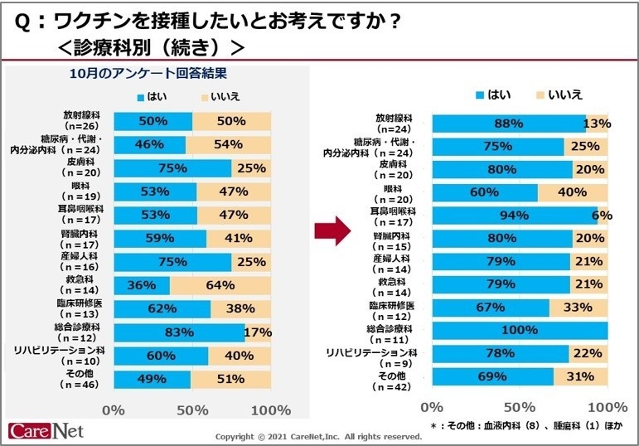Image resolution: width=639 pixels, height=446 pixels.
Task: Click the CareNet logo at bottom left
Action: pyautogui.click(x=46, y=431)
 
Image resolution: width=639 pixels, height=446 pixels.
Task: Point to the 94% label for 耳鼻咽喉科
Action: pyautogui.click(x=509, y=216)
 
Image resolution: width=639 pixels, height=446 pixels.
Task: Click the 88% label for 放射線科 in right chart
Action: pyautogui.click(x=507, y=124)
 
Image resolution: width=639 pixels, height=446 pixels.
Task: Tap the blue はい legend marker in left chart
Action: pyautogui.click(x=142, y=98)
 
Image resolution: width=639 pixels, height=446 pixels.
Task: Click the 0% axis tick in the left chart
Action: pyautogui.click(x=114, y=410)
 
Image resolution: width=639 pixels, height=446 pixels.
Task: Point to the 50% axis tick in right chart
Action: pyautogui.click(x=519, y=406)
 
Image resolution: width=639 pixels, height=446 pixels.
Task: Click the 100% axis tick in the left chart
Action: pyautogui.click(x=270, y=410)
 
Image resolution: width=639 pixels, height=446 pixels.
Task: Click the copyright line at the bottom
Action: pyautogui.click(x=318, y=436)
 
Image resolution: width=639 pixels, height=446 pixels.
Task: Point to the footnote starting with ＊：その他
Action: pyautogui.click(x=524, y=425)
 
